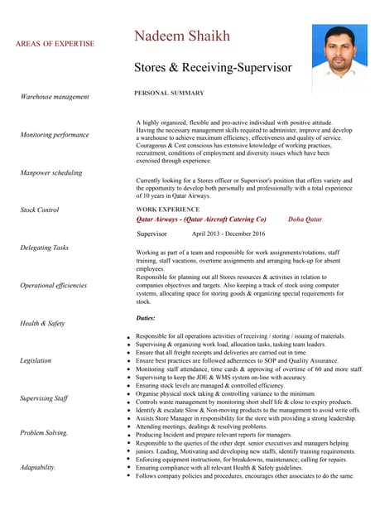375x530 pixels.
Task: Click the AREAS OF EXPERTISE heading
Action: tap(55, 44)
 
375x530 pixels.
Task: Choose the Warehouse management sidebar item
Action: tap(55, 97)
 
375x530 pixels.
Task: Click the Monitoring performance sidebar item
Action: tap(55, 134)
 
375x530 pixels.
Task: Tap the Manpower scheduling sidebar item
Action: tap(51, 173)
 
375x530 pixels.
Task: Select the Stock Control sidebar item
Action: tap(40, 210)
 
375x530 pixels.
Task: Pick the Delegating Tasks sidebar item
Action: tap(45, 248)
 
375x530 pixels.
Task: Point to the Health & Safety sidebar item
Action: tap(42, 323)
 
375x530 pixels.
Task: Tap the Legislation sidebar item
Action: tap(36, 361)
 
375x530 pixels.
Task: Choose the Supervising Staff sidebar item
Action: tap(45, 398)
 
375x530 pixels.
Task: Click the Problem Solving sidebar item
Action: tap(45, 432)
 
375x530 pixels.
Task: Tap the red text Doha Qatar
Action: tap(305, 219)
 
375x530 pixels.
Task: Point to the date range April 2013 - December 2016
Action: tap(228, 234)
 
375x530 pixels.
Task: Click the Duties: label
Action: tap(146, 318)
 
